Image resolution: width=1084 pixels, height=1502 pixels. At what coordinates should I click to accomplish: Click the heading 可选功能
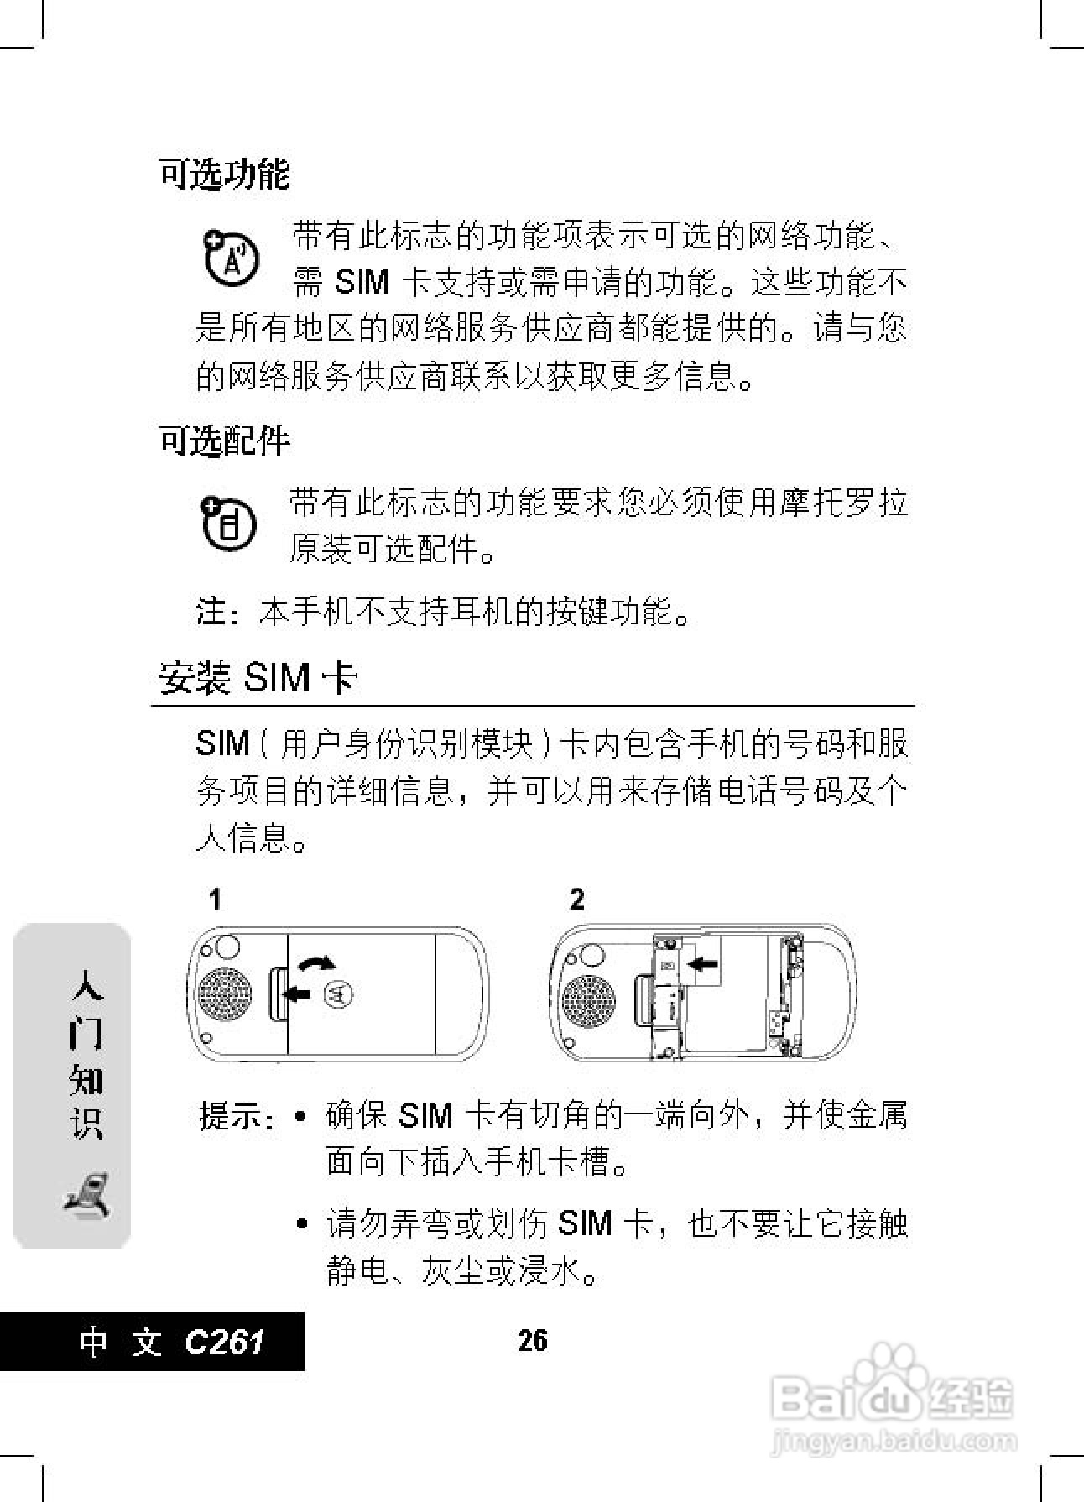click(x=224, y=175)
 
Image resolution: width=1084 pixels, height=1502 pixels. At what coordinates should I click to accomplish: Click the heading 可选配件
click(x=224, y=441)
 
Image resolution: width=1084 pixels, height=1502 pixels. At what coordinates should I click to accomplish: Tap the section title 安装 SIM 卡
click(x=258, y=678)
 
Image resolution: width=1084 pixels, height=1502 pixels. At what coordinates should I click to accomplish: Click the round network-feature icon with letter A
click(x=230, y=258)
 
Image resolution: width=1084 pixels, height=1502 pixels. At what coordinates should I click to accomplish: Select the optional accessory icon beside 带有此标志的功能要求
click(x=228, y=524)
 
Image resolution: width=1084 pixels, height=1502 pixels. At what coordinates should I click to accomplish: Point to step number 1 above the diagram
click(x=216, y=900)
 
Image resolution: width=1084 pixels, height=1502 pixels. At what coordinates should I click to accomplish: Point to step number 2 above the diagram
click(x=576, y=900)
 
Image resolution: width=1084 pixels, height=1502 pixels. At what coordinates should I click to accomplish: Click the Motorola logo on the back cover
click(x=338, y=994)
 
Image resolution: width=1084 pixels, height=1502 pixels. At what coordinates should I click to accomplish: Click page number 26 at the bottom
click(x=533, y=1340)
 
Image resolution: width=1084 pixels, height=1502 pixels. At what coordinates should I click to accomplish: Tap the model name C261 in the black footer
click(x=224, y=1342)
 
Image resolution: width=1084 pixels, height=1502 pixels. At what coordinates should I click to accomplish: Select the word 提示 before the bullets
click(x=230, y=1117)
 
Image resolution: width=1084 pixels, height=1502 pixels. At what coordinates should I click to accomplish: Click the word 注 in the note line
click(x=210, y=612)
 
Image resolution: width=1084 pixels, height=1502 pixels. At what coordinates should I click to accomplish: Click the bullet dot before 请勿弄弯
click(x=302, y=1225)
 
